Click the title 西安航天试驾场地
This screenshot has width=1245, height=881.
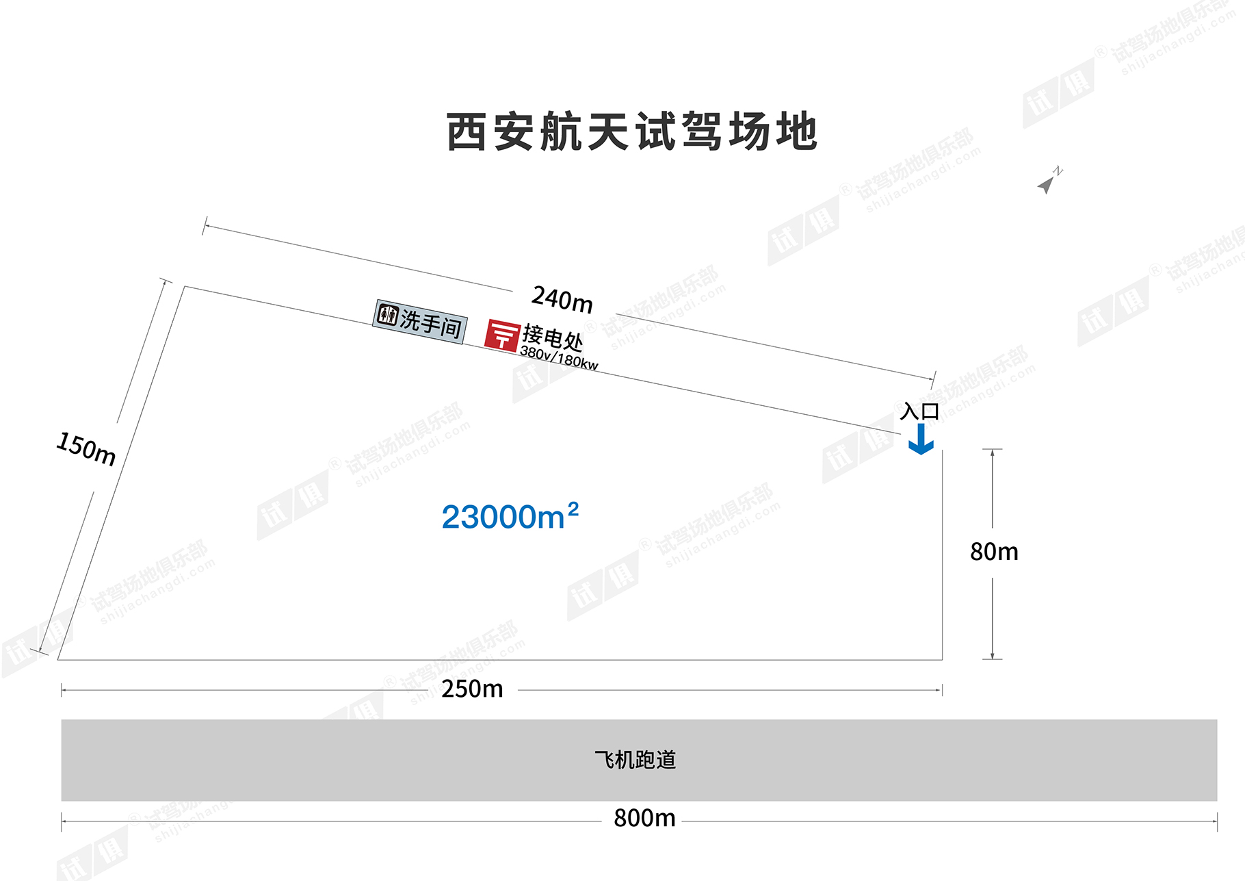632,131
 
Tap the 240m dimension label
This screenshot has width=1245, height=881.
562,299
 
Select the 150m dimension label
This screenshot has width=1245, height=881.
86,449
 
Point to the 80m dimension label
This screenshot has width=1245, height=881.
994,552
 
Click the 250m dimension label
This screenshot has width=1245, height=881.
472,689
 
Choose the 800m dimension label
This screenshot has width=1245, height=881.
644,818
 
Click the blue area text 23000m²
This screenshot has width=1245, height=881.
510,516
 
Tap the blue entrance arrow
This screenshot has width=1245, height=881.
921,439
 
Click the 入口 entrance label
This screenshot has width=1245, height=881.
920,411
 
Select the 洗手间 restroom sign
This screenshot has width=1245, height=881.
420,322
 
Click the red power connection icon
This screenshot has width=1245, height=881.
502,335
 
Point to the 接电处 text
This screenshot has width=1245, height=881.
553,337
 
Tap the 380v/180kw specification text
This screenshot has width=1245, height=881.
559,358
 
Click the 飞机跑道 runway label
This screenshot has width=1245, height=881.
635,760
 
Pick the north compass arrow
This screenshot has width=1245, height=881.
1046,184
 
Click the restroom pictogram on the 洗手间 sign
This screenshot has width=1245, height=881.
388,315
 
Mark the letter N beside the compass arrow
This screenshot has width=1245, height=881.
1058,170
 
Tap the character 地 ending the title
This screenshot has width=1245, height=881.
798,131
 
